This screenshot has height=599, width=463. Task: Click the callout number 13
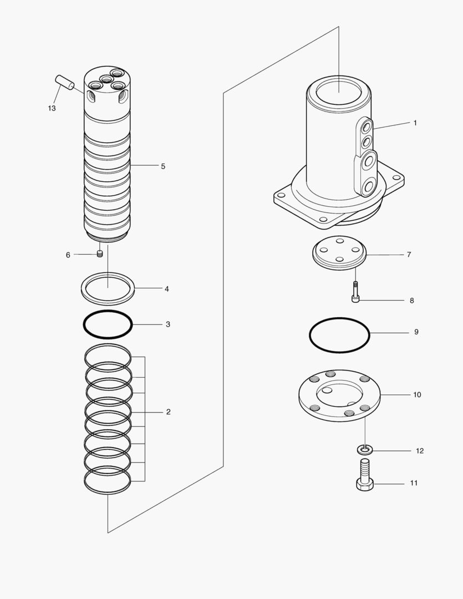tap(52, 109)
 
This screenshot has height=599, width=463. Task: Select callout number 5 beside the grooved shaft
tap(163, 166)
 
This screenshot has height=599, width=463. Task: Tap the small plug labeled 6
tap(100, 254)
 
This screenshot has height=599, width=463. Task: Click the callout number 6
tap(68, 255)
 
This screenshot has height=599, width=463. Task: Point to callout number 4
tap(166, 289)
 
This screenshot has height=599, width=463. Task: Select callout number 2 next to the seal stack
tap(168, 412)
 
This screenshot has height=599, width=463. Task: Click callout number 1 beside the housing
tap(415, 123)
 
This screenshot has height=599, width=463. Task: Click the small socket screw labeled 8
tap(355, 292)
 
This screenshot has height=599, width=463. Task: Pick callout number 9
tap(416, 332)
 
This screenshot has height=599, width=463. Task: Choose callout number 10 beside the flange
tap(417, 395)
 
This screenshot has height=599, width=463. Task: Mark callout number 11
tap(414, 484)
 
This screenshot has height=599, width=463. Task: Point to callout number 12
tap(420, 451)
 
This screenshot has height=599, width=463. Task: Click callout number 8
tap(411, 301)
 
